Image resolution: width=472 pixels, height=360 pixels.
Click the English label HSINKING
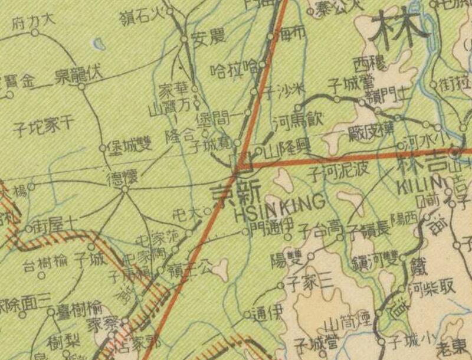(x=280, y=202)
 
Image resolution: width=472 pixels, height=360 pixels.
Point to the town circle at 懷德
(x=124, y=189)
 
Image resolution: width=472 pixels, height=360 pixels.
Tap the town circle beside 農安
(x=184, y=39)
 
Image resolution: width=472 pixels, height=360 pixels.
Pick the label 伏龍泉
(x=79, y=74)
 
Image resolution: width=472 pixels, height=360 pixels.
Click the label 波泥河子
(x=339, y=172)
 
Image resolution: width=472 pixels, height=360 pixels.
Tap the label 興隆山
(x=282, y=150)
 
